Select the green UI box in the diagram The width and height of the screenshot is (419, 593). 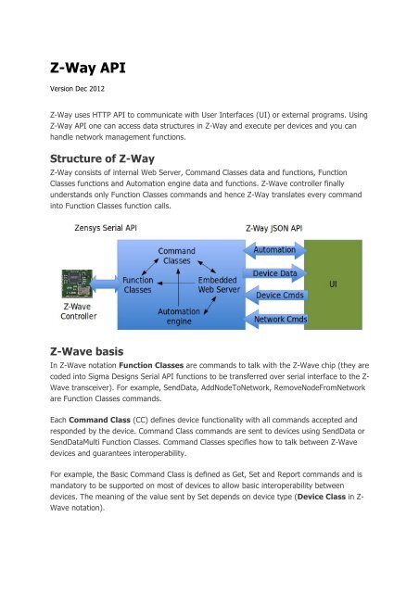point(340,281)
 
